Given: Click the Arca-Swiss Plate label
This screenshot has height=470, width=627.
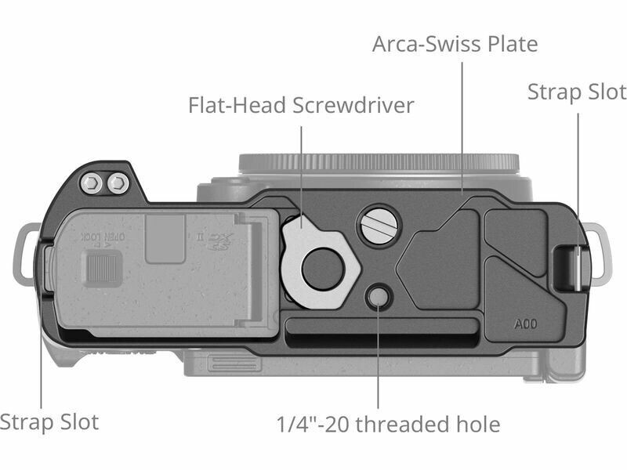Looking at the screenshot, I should [455, 44].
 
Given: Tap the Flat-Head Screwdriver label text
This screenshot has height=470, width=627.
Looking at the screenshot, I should [301, 106].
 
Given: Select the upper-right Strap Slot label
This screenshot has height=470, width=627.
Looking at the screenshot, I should [576, 92].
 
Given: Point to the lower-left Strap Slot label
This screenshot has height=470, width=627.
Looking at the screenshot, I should [49, 423].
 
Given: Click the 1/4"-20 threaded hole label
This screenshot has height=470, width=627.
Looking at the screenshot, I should [388, 425].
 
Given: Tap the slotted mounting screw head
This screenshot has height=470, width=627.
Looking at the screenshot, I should [377, 228].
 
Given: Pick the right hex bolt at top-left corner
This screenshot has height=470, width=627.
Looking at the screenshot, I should [118, 184].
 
